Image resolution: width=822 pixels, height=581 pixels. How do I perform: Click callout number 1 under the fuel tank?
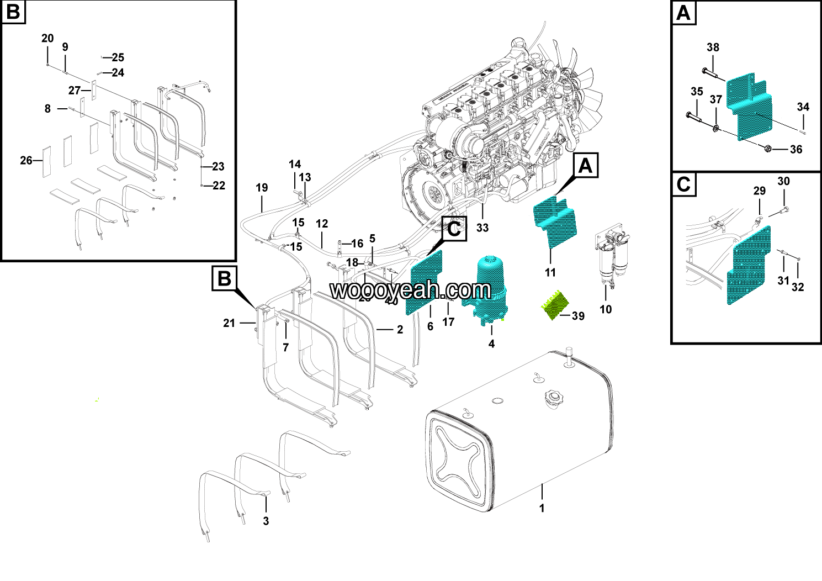click(542, 508)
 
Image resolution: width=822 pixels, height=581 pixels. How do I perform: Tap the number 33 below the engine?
click(482, 228)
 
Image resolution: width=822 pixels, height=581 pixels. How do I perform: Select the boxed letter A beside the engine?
click(585, 166)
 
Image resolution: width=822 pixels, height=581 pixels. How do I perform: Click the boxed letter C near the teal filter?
click(454, 229)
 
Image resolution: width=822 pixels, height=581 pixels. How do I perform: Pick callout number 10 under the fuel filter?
click(606, 309)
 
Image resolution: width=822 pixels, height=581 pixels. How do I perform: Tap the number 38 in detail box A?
click(713, 47)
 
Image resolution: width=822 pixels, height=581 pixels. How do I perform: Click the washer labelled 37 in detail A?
click(716, 129)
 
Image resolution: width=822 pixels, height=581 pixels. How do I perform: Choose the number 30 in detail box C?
click(783, 181)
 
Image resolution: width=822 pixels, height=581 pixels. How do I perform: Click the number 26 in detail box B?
click(26, 160)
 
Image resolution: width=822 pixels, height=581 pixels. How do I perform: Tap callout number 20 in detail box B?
click(47, 38)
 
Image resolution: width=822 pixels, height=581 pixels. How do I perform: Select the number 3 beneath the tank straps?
click(266, 521)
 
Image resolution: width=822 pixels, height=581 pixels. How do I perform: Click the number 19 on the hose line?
click(262, 188)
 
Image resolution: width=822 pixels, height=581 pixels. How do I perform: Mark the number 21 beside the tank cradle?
click(229, 323)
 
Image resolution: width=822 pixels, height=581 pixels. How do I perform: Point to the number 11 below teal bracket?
click(550, 272)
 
